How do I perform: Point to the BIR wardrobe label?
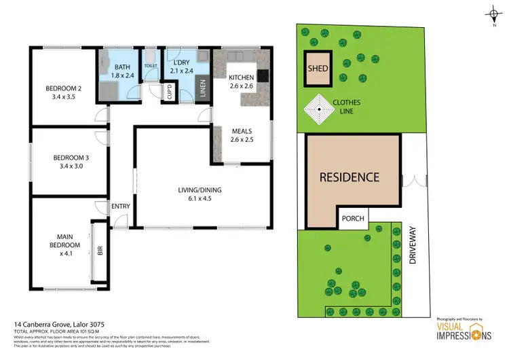[100, 251]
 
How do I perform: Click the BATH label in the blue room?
[122, 67]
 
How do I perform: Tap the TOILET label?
[151, 67]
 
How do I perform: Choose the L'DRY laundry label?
[181, 67]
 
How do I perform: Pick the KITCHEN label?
[241, 77]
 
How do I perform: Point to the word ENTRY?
[121, 206]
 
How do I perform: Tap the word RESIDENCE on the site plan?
[350, 177]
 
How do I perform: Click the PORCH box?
[353, 219]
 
